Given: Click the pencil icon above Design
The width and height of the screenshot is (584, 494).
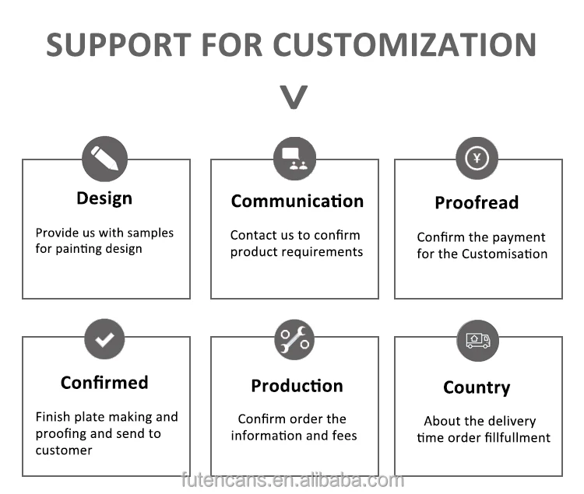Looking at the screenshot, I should pos(104,159).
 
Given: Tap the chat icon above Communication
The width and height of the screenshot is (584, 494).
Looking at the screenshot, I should pos(294,159).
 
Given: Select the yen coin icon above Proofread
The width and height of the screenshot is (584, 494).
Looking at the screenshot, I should pos(477,159).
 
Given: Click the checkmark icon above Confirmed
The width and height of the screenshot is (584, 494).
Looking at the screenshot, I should pos(104,338).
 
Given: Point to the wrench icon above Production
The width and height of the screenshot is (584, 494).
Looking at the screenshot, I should pos(294,339).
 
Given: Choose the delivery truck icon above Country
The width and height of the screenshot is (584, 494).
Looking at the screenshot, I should pos(477,340).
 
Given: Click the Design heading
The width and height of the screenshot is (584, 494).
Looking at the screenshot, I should pos(104,198).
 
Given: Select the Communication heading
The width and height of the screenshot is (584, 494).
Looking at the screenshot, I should pos(297,201).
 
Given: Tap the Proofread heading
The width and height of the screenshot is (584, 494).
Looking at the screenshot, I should pos(477,203).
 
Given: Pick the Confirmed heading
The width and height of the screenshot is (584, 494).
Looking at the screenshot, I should pos(104,383).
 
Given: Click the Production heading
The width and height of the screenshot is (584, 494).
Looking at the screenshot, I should pos(297,386).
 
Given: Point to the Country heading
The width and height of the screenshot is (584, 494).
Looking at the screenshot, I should pos(477,387).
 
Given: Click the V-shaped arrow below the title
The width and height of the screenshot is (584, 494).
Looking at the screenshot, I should pos(294,98).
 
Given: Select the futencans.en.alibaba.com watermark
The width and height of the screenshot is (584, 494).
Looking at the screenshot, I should pos(292,480).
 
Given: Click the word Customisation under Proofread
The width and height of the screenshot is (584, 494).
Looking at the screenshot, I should pos(505,254).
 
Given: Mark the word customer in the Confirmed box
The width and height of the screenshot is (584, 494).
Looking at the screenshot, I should pos(64,450).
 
